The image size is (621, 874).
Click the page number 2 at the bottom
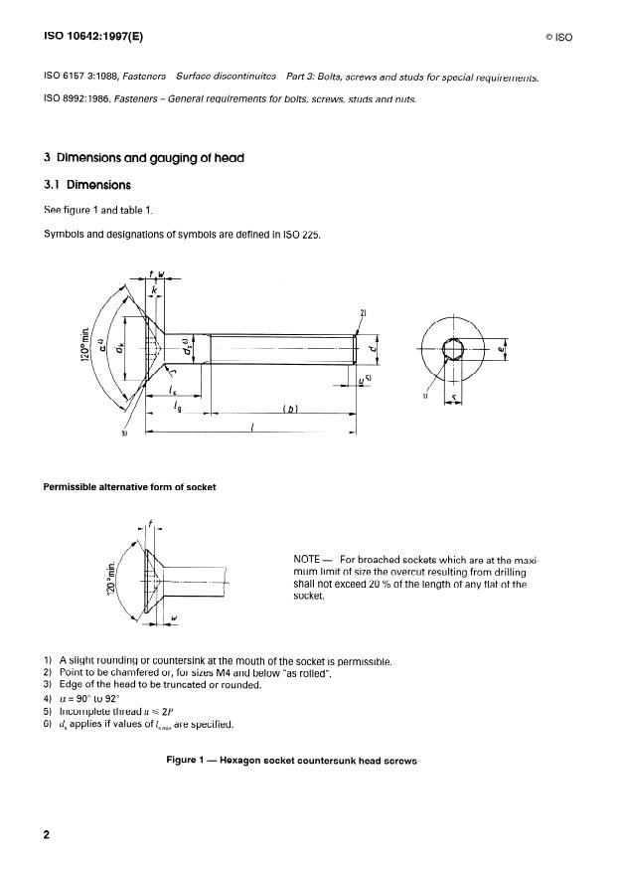(46, 834)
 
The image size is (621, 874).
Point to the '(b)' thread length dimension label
(291, 408)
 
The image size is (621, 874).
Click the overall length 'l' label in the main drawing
(252, 426)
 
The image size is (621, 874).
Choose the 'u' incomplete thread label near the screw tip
(363, 380)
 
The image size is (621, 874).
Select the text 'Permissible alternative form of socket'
(129, 486)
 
